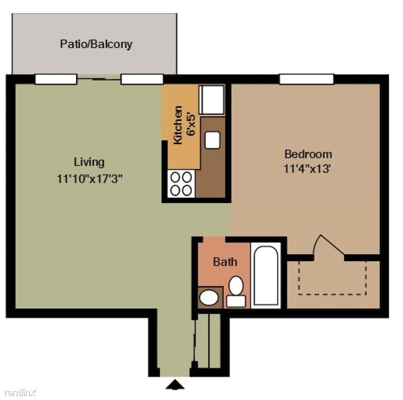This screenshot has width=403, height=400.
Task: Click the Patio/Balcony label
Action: pos(96,45)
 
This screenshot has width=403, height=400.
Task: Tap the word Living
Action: pos(89,162)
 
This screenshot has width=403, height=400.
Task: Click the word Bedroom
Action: pos(308,154)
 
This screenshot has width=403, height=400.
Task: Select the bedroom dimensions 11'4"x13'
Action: pos(307,169)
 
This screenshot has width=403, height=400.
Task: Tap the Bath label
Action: pos(225,262)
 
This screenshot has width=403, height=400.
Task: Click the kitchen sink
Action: pos(212,139)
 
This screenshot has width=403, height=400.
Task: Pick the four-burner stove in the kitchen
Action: pos(181,183)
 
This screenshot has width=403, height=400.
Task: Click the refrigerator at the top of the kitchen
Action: pos(211,100)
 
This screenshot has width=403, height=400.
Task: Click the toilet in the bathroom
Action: pos(236,291)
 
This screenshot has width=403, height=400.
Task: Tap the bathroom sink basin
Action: pos(209,298)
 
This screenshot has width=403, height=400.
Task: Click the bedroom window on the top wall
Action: pos(306,79)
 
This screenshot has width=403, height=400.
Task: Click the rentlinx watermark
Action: pos(20,392)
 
